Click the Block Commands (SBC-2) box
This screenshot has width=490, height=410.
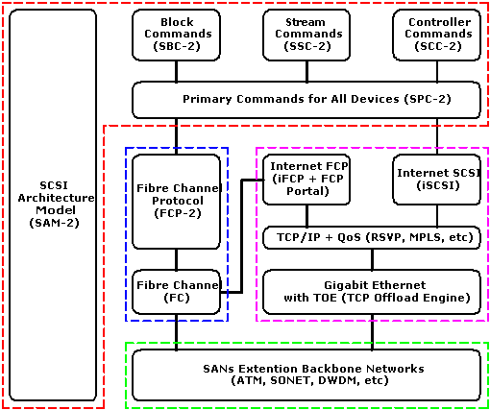tap(176, 35)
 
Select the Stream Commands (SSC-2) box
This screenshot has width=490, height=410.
tap(306, 35)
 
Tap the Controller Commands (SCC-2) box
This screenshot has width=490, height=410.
tap(437, 35)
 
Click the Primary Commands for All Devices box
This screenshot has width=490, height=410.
tap(306, 100)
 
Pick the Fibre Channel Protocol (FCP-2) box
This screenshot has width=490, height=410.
tap(176, 202)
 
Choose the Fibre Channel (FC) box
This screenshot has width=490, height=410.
tap(176, 292)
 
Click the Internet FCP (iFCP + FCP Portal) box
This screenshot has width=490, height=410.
tap(306, 180)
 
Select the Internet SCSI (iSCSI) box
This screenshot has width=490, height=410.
tap(437, 180)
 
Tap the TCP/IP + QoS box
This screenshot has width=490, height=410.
tap(372, 238)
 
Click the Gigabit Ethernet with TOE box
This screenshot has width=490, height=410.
tap(372, 292)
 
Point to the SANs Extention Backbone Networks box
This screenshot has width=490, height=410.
tap(306, 375)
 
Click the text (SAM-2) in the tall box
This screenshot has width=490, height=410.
tap(54, 223)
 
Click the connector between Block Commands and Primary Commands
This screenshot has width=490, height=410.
tap(176, 71)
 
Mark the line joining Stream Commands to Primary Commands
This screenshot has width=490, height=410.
tap(306, 71)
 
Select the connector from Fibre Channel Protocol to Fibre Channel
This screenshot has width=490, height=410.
tap(176, 259)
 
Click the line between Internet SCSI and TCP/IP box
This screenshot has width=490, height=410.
tap(437, 216)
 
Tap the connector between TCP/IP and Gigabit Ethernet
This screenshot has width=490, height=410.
tap(372, 259)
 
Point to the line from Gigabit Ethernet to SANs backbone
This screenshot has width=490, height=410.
tap(372, 332)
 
